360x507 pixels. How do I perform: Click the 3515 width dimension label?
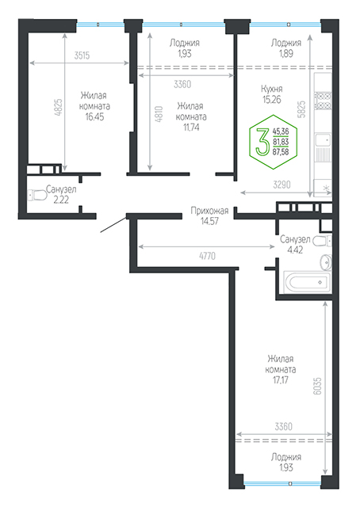pyautogui.click(x=82, y=55)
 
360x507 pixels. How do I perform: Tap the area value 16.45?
pyautogui.click(x=94, y=116)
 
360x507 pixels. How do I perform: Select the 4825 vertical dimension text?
pyautogui.click(x=58, y=108)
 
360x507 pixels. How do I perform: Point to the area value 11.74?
pyautogui.click(x=191, y=128)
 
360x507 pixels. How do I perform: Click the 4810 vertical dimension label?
pyautogui.click(x=159, y=114)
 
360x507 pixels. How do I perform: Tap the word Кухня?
pyautogui.click(x=272, y=89)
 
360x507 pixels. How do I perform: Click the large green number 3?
pyautogui.click(x=262, y=141)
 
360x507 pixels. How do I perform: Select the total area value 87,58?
pyautogui.click(x=281, y=151)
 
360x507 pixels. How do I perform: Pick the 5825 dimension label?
pyautogui.click(x=301, y=109)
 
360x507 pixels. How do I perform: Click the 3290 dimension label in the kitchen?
pyautogui.click(x=281, y=185)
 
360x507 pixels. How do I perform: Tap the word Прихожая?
pyautogui.click(x=209, y=211)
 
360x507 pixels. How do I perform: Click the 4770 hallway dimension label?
pyautogui.click(x=207, y=256)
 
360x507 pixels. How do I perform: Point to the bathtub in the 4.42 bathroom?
pyautogui.click(x=307, y=282)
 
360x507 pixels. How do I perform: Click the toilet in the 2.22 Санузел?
pyautogui.click(x=37, y=195)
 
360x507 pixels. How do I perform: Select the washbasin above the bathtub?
pyautogui.click(x=326, y=262)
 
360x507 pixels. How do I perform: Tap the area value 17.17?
pyautogui.click(x=281, y=380)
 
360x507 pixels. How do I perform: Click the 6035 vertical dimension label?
pyautogui.click(x=318, y=386)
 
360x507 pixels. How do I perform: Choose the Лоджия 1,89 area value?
pyautogui.click(x=286, y=53)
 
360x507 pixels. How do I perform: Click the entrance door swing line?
pyautogui.click(x=113, y=225)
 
